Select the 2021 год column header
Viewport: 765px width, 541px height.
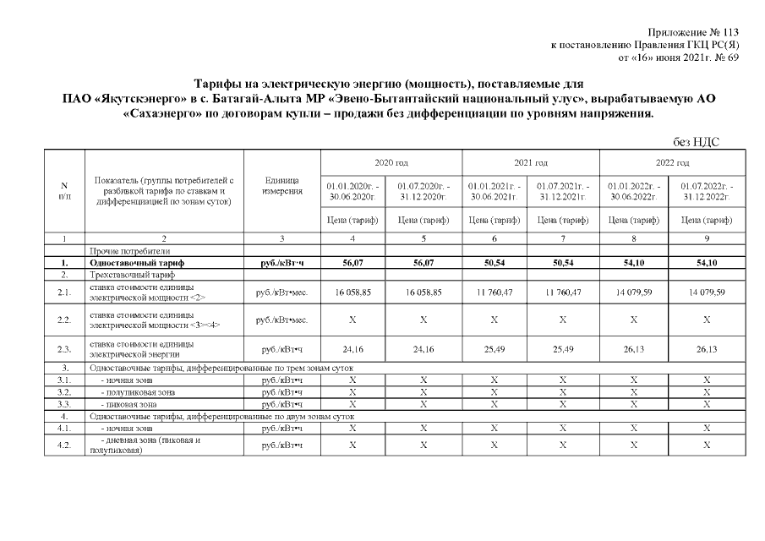530,162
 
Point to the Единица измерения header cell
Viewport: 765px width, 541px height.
281,191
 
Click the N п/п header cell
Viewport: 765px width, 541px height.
64,191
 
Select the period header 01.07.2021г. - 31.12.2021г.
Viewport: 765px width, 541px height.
565,191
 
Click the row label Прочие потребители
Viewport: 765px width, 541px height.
129,251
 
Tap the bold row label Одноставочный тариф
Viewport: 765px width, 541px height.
136,264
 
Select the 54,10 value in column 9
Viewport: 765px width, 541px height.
708,264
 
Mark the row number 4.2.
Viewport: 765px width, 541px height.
64,445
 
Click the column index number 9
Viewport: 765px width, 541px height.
708,239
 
